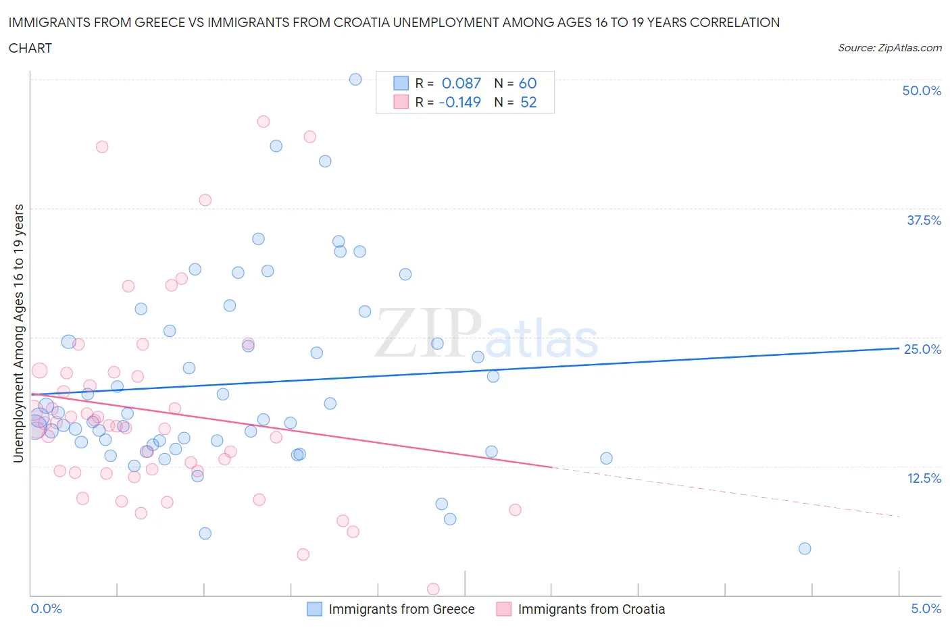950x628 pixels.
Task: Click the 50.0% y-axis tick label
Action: pos(922,90)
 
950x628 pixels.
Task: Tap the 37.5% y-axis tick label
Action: pos(924,220)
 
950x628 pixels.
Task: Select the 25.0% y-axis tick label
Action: pos(922,349)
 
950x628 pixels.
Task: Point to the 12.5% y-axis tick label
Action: pos(924,478)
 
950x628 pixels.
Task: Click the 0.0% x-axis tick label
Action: pos(47,608)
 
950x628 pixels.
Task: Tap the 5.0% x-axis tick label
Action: pos(926,608)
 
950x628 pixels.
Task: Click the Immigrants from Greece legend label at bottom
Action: pos(401,609)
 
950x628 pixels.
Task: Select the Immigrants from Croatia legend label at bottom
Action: pos(591,609)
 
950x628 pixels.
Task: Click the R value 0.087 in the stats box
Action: pos(461,83)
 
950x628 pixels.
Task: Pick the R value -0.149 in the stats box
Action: pos(459,102)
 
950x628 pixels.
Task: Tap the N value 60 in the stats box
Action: pos(528,83)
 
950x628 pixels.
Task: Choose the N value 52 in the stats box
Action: pos(528,102)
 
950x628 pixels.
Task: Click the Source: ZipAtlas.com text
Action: pos(889,47)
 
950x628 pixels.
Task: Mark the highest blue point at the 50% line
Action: pos(355,79)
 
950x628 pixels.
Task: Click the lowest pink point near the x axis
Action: pos(433,589)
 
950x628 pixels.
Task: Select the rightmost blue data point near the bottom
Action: pos(805,548)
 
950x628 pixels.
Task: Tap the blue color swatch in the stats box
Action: pos(401,83)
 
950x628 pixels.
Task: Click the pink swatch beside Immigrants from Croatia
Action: pos(503,609)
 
